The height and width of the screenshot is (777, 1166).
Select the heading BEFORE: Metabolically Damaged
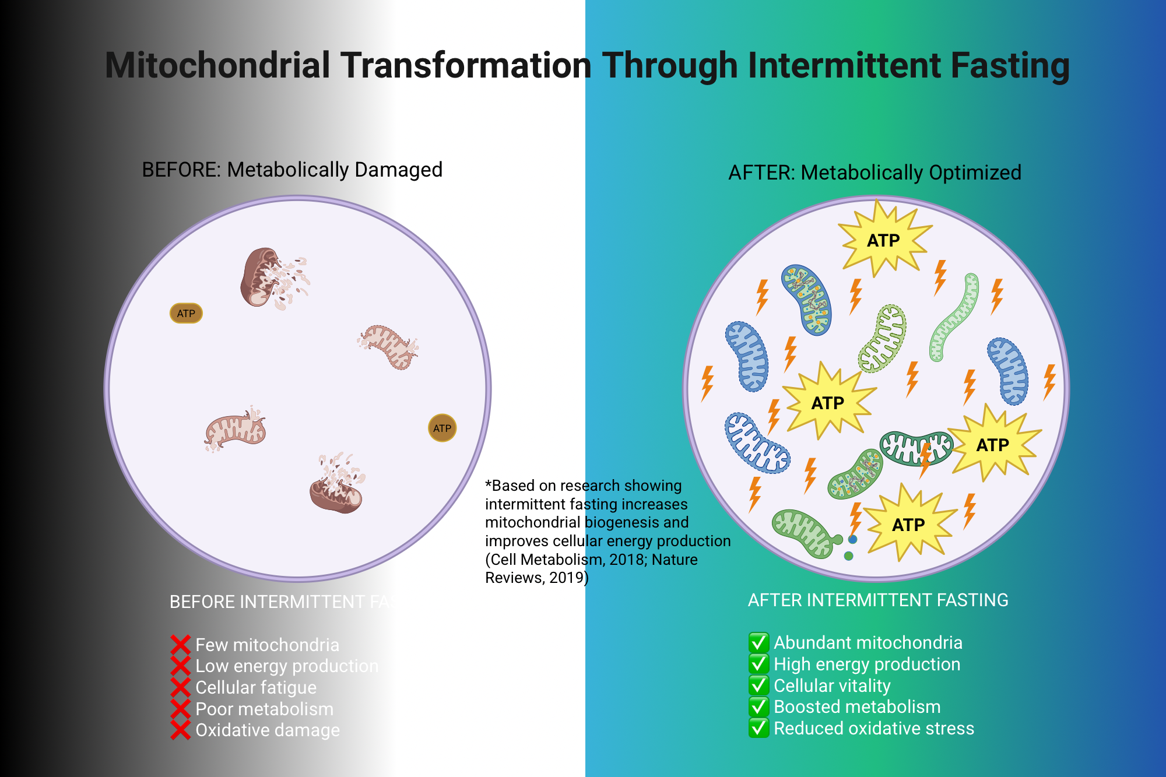(292, 170)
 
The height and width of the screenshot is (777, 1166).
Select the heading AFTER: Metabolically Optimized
(874, 173)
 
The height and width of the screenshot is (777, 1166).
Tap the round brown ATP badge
(442, 428)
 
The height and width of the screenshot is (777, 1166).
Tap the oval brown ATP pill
(186, 314)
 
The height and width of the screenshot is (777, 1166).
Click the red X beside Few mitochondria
(181, 645)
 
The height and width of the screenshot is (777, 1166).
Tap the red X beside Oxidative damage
(181, 730)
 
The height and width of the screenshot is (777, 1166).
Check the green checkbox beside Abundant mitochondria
(758, 642)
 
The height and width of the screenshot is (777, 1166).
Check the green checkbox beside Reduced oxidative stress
(758, 728)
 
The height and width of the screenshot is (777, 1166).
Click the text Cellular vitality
(832, 685)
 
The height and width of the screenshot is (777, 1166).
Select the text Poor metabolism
(264, 709)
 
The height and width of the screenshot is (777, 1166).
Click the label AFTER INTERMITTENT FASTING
(877, 600)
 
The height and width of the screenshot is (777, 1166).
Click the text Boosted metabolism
(856, 706)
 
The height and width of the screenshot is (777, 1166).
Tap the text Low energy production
(286, 666)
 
